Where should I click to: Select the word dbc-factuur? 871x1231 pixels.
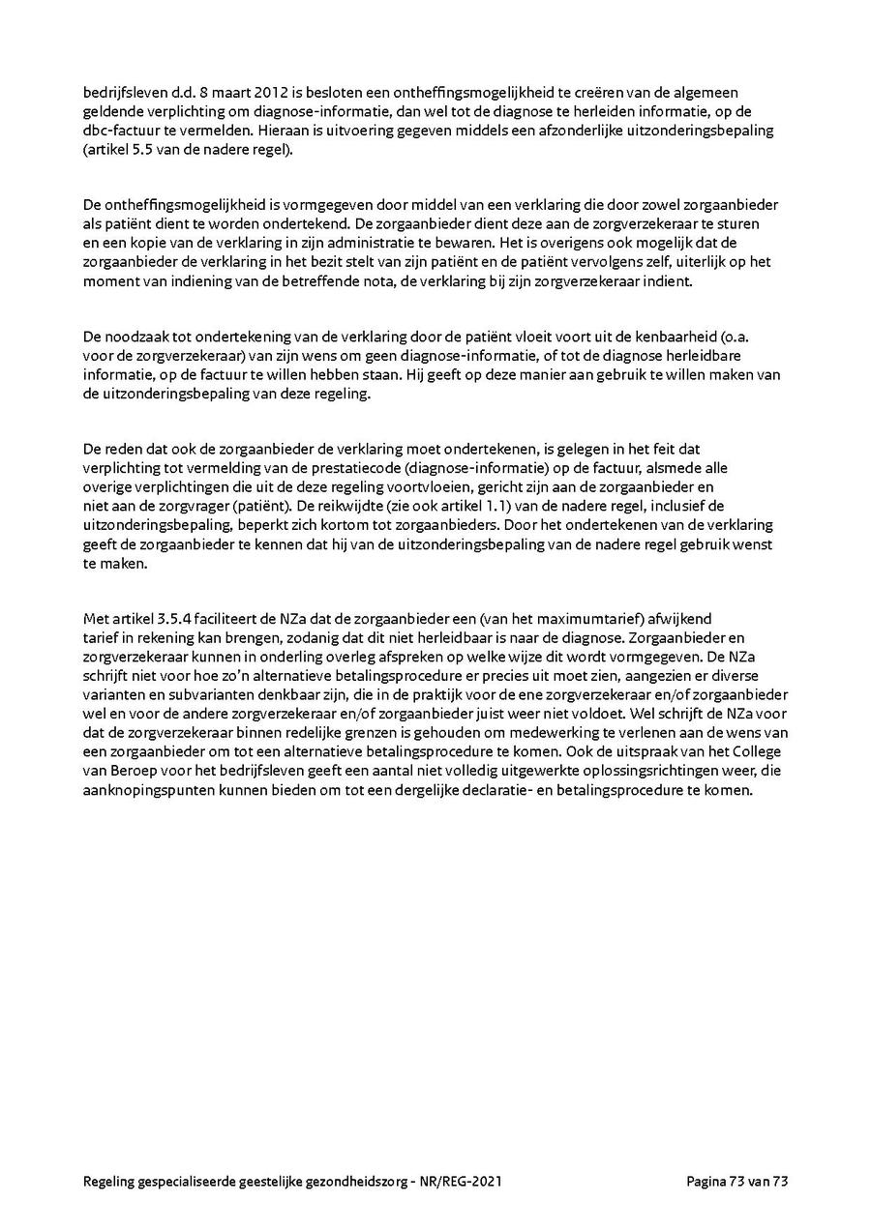pyautogui.click(x=119, y=130)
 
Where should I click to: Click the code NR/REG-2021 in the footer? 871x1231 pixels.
pyautogui.click(x=463, y=1181)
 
